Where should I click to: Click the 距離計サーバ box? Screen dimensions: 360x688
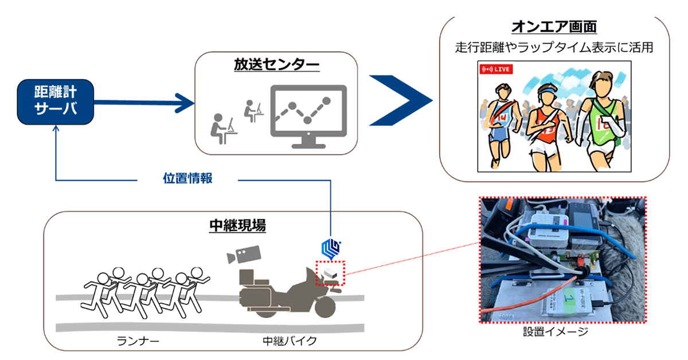pyautogui.click(x=55, y=103)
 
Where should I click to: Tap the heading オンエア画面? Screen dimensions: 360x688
pyautogui.click(x=554, y=28)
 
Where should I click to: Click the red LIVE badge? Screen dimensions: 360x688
pyautogui.click(x=496, y=69)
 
